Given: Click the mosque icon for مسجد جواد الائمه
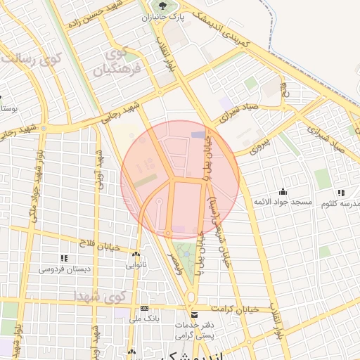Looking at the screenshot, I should click(x=283, y=191).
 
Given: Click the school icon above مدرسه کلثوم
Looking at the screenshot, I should click(x=341, y=193).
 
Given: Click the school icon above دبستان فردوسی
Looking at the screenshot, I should click(x=64, y=258).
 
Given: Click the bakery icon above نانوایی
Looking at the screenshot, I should click(x=136, y=255).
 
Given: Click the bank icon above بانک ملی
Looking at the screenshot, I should click(x=145, y=308).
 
